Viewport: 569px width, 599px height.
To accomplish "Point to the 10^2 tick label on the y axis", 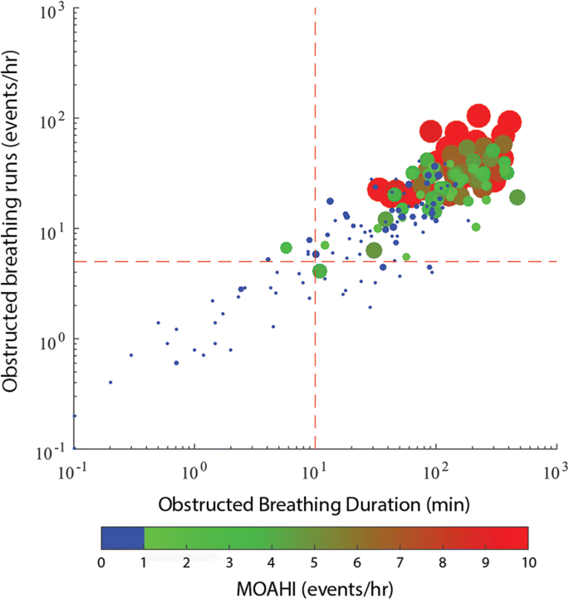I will pyautogui.click(x=55, y=121).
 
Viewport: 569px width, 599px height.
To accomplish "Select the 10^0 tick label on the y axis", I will pyautogui.click(x=55, y=341).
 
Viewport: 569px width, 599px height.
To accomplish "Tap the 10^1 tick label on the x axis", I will pyautogui.click(x=314, y=470).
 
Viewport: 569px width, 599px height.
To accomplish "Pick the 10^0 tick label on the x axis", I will pyautogui.click(x=194, y=470).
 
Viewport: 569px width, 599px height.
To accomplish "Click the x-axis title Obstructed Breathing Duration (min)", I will pyautogui.click(x=314, y=504).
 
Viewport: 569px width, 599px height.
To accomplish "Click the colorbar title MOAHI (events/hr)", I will pyautogui.click(x=314, y=587).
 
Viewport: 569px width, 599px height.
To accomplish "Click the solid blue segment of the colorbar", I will pyautogui.click(x=122, y=538).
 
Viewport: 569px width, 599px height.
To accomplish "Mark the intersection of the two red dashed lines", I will pyautogui.click(x=315, y=261).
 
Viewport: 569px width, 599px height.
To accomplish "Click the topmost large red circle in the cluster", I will pyautogui.click(x=477, y=115).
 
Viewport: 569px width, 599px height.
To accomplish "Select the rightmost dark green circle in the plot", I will pyautogui.click(x=517, y=197).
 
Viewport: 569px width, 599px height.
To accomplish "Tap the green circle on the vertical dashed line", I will pyautogui.click(x=320, y=270).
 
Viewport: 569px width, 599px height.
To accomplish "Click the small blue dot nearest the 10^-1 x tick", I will pyautogui.click(x=75, y=415).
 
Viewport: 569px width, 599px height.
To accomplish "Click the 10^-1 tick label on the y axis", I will pyautogui.click(x=55, y=450).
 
